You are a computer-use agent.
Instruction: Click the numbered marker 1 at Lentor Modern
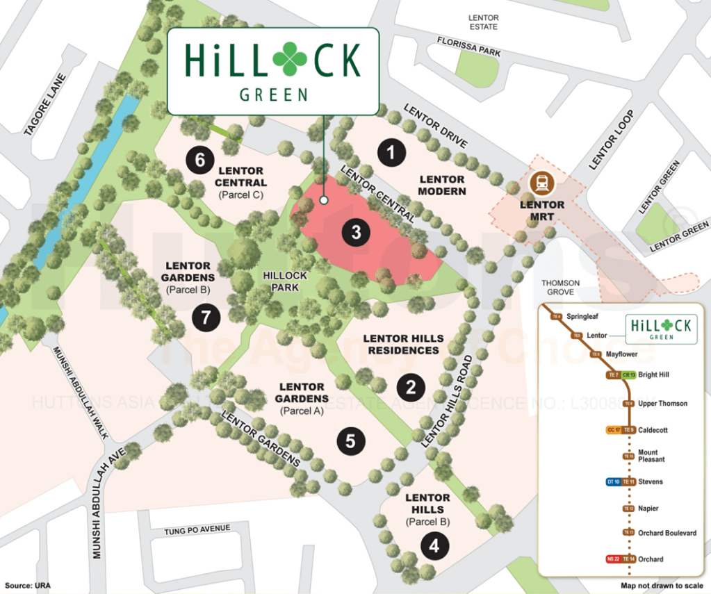coord(391,151)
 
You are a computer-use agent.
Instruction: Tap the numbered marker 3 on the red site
coord(356,232)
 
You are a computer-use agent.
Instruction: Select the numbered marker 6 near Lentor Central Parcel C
coord(199,160)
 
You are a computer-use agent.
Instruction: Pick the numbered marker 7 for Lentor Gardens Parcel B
coord(206,318)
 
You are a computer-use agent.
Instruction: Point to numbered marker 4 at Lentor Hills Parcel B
coord(434,545)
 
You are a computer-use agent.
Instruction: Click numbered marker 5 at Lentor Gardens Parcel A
coord(350,440)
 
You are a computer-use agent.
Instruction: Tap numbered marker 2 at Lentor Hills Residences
coord(411,387)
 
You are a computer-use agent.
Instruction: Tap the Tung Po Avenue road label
coord(197,529)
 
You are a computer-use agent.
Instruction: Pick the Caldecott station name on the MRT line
coord(653,430)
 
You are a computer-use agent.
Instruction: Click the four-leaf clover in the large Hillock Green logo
coord(290,59)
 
